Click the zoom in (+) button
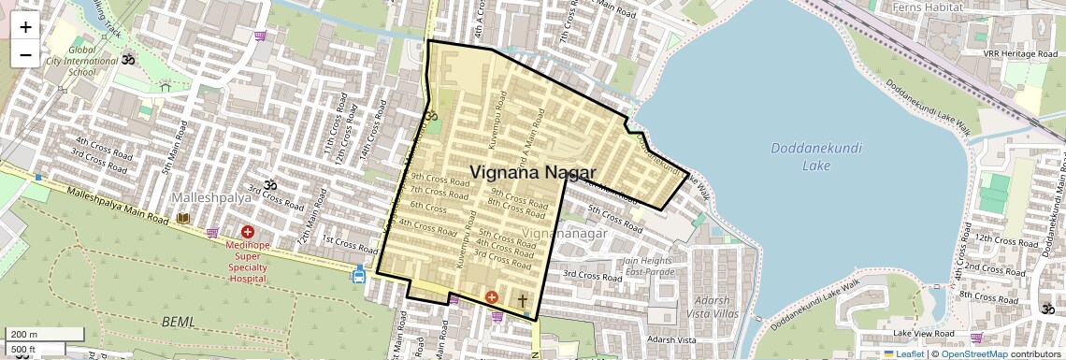coord(25,27)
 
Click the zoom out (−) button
coord(25,54)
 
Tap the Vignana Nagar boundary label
coord(532,171)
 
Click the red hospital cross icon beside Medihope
coord(248,232)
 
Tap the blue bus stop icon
coord(359,274)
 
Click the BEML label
coord(178,322)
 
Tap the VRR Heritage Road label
coord(1017,54)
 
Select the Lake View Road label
coord(923,333)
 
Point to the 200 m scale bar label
coord(24,335)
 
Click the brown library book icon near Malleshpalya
coord(183,218)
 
